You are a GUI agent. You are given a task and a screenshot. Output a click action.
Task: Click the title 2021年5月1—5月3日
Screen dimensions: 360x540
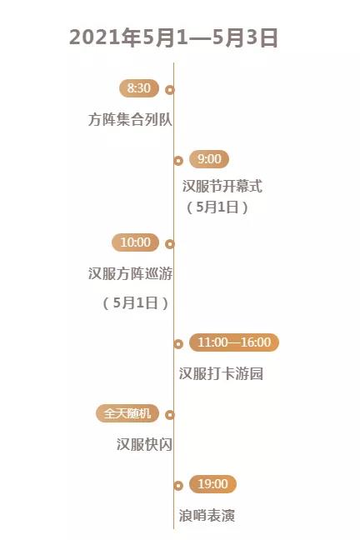[173, 37]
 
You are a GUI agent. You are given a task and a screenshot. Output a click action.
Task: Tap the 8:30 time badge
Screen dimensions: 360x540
[139, 88]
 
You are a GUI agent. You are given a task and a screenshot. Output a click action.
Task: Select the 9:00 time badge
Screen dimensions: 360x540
[209, 159]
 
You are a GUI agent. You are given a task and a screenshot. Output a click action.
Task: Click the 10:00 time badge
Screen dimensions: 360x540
[135, 242]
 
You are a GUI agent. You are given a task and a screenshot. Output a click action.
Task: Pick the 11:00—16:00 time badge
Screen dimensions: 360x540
[234, 342]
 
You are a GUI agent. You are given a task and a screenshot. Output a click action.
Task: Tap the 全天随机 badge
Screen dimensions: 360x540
[127, 413]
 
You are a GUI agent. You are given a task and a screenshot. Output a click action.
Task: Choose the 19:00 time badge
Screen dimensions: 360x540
[212, 484]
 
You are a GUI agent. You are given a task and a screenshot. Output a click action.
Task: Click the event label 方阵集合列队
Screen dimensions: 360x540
[130, 119]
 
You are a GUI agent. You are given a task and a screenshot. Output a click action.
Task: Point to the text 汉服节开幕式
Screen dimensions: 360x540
[222, 186]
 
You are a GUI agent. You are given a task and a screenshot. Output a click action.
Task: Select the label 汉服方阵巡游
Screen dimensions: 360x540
[130, 274]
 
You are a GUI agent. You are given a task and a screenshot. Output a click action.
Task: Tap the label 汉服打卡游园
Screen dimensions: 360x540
[221, 373]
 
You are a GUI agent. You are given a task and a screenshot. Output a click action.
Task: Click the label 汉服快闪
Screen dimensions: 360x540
[144, 444]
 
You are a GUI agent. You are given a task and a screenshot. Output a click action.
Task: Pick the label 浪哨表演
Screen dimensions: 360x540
[207, 516]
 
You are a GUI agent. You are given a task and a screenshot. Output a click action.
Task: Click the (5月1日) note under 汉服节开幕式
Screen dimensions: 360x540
[217, 207]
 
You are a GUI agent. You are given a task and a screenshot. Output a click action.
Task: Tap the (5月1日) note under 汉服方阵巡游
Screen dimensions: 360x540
[136, 302]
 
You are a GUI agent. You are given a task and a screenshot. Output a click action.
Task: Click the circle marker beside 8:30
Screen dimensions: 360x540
[170, 90]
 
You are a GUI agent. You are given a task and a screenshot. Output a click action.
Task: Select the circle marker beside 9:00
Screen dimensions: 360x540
[178, 161]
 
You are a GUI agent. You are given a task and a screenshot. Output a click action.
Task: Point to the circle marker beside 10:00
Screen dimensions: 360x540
[170, 244]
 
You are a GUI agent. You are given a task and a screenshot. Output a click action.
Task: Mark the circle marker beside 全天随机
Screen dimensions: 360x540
[170, 415]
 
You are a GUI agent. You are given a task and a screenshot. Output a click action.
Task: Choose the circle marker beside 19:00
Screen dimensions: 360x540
[178, 486]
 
